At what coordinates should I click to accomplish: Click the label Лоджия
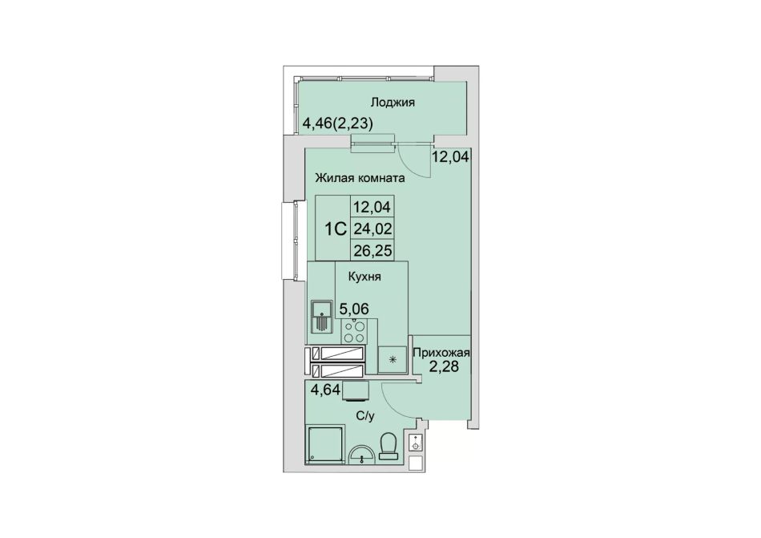[x=393, y=103]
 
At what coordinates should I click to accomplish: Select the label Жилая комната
[x=360, y=178]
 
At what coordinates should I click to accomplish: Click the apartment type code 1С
[x=336, y=229]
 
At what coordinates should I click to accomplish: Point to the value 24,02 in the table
[x=372, y=229]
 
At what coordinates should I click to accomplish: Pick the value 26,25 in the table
[x=372, y=250]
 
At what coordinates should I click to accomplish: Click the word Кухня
[x=364, y=277]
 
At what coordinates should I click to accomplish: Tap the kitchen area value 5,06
[x=354, y=308]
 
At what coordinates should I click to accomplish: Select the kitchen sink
[x=321, y=316]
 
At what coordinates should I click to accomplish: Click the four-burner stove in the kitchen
[x=354, y=331]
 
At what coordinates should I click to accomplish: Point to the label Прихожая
[x=441, y=353]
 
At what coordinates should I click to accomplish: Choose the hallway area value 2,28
[x=443, y=366]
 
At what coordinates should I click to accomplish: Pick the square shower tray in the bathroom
[x=326, y=445]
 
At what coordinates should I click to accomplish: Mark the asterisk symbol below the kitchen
[x=393, y=360]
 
